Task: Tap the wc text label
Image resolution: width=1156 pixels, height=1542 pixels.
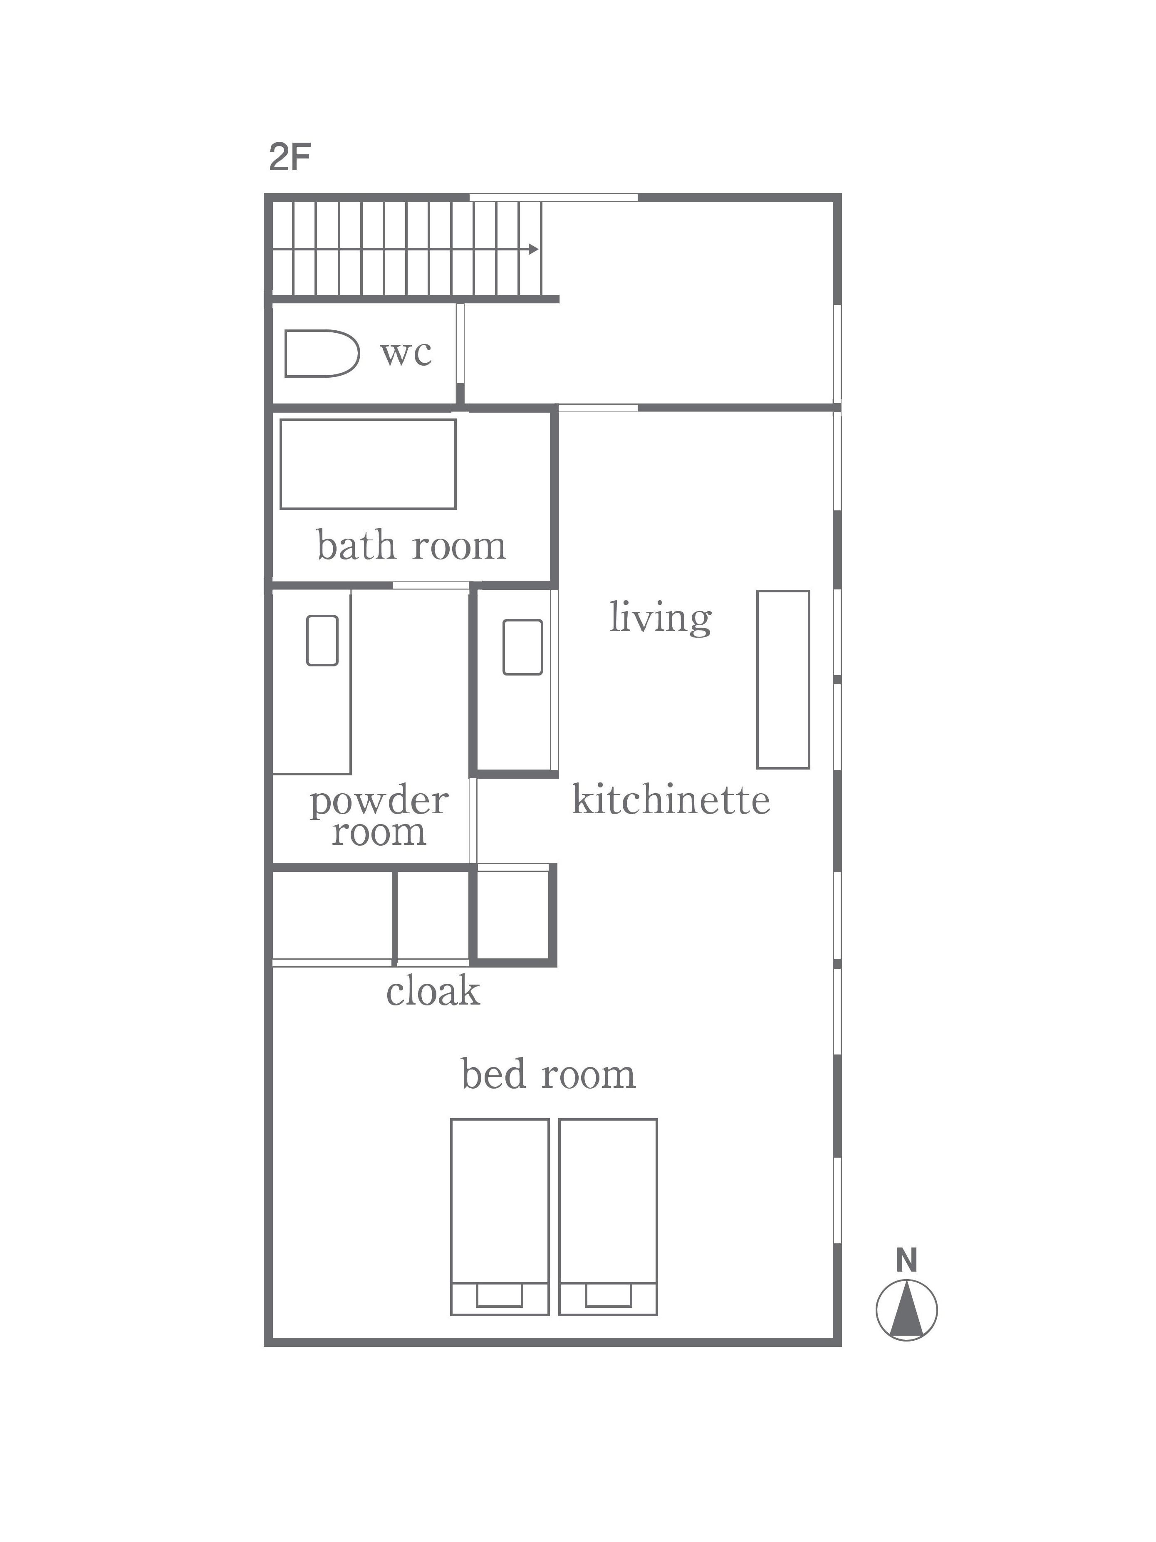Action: [406, 353]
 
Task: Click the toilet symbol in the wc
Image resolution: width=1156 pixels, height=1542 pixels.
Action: [322, 354]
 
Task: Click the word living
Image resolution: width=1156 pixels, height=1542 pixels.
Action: [660, 618]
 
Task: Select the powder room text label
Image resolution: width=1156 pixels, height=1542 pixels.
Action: [379, 817]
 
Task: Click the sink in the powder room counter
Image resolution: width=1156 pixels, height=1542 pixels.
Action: [322, 640]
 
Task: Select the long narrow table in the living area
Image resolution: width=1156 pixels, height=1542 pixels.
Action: [783, 680]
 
